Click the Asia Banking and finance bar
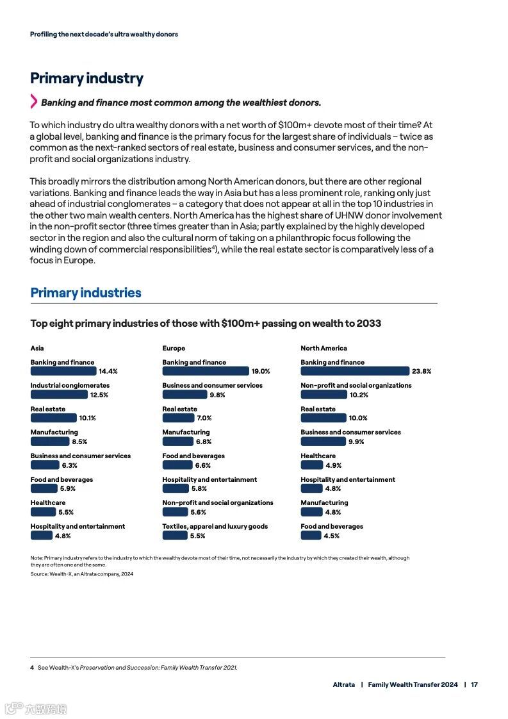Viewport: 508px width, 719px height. point(63,371)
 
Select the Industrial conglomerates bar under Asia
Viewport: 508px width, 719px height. point(59,395)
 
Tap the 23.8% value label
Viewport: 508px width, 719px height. point(422,372)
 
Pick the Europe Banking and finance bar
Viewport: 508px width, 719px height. point(205,371)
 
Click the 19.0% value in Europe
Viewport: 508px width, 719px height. point(261,372)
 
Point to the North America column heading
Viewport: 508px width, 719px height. point(324,349)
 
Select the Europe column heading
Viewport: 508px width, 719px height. point(174,349)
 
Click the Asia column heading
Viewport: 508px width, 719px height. point(37,349)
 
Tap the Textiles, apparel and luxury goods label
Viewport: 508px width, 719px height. point(215,527)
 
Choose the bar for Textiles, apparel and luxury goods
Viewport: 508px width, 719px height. point(175,536)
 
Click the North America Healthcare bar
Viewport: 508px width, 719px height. point(312,465)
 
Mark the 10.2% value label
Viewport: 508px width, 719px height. point(359,395)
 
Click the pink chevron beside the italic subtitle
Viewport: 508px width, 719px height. point(34,101)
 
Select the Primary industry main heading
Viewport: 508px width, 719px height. point(86,78)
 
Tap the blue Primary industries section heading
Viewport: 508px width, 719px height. point(86,293)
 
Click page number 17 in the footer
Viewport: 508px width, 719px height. point(474,684)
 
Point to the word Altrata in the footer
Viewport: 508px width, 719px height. point(343,684)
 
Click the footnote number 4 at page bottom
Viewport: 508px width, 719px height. point(32,668)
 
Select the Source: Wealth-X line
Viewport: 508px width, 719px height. point(82,574)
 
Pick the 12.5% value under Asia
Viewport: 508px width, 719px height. point(99,395)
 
